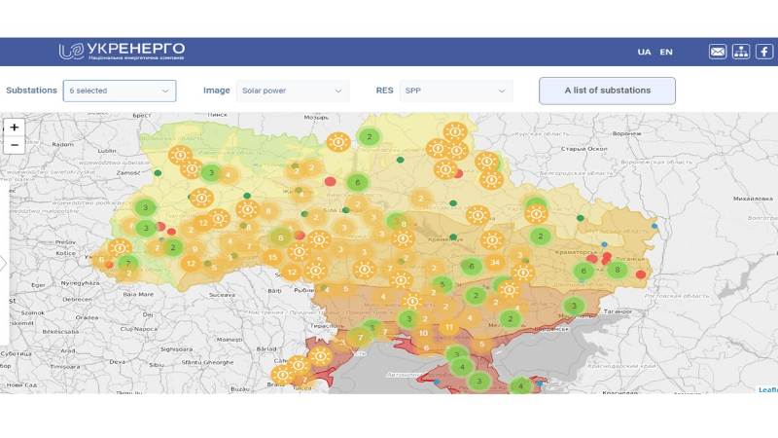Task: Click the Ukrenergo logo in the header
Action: (x=122, y=51)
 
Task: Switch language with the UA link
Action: (x=644, y=52)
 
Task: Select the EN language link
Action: (x=666, y=52)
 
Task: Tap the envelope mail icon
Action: (x=718, y=52)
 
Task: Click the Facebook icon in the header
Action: (x=764, y=52)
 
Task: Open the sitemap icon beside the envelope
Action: (x=741, y=52)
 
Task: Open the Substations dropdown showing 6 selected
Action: (x=120, y=91)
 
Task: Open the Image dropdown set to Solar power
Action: (x=293, y=91)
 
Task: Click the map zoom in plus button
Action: (x=15, y=128)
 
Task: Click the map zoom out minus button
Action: (x=15, y=145)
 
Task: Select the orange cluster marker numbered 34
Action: (x=495, y=263)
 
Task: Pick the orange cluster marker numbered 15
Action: (x=272, y=258)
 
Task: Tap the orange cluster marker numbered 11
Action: (x=448, y=327)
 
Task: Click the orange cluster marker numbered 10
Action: (x=423, y=333)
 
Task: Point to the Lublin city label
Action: (x=106, y=151)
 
